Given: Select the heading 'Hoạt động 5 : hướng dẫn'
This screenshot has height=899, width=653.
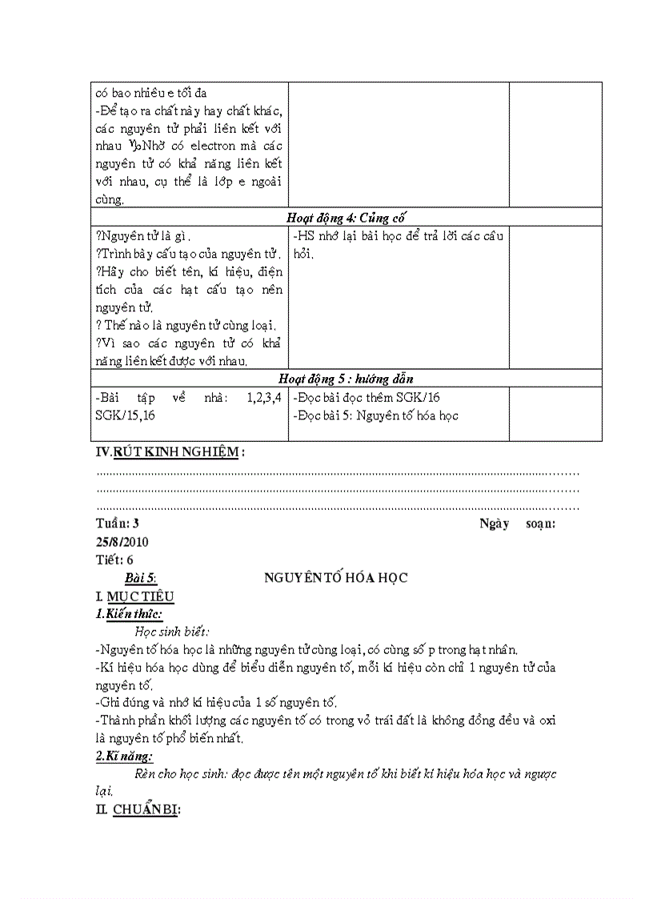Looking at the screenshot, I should click(345, 379).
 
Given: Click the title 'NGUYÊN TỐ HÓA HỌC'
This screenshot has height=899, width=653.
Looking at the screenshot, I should click(336, 578).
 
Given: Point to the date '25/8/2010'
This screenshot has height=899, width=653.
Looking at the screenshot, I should click(122, 542).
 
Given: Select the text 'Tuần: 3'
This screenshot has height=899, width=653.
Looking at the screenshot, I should click(117, 524).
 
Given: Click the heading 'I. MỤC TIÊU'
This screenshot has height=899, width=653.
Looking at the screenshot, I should click(134, 596).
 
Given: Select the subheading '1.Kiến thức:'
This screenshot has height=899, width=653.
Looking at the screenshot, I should click(129, 614).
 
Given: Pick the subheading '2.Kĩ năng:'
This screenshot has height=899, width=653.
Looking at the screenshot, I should click(125, 757).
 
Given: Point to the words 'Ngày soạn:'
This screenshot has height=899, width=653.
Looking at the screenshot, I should click(517, 524).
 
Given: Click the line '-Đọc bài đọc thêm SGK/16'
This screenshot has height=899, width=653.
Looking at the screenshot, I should click(367, 397).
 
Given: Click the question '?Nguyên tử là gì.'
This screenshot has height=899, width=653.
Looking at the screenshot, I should click(143, 236).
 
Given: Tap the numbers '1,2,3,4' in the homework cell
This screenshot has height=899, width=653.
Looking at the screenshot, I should click(264, 397).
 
